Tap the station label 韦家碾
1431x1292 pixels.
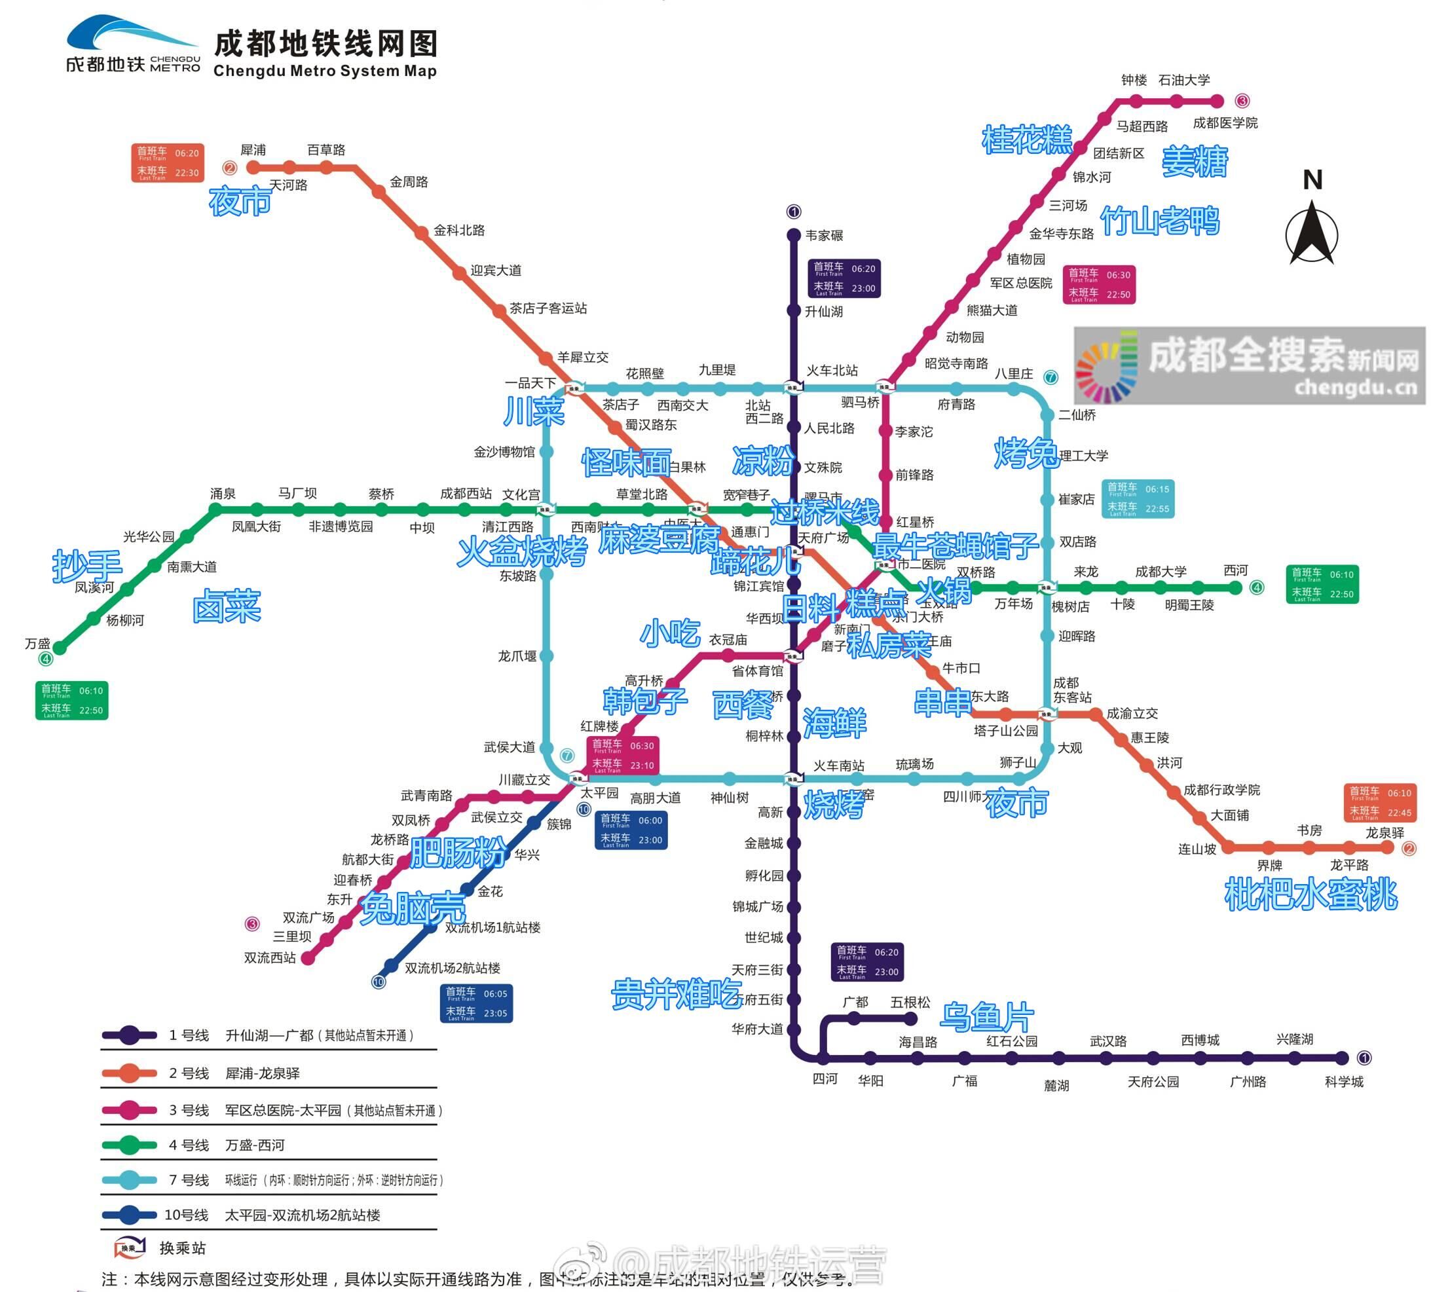824,236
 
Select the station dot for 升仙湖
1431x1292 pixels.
794,311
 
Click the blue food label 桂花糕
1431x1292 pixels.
1027,139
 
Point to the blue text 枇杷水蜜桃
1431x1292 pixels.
1311,894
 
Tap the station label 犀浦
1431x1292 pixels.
253,150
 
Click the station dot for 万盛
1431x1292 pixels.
60,648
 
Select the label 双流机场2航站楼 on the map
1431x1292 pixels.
452,969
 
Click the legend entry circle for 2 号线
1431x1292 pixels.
129,1073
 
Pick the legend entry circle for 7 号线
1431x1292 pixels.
129,1180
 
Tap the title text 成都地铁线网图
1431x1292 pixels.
325,44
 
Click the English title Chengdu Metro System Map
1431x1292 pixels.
325,71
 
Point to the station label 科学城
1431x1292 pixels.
1344,1082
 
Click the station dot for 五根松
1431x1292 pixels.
911,1019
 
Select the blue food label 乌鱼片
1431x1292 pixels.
987,1016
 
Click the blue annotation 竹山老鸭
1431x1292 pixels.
1160,221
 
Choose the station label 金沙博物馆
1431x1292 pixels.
504,451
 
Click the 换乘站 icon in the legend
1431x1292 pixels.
130,1247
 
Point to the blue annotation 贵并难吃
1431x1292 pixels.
676,994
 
